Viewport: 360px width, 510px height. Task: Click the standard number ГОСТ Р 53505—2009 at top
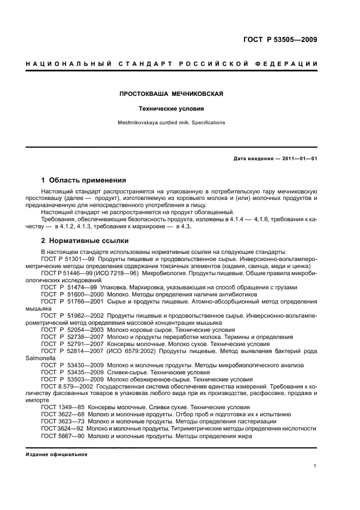[280, 40]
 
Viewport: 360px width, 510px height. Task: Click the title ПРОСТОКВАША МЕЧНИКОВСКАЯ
[172, 94]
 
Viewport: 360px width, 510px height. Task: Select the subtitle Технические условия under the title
[172, 108]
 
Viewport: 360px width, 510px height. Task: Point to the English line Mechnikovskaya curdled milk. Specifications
[172, 123]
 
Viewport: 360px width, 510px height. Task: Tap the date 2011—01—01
[298, 159]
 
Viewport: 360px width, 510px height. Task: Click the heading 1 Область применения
[84, 180]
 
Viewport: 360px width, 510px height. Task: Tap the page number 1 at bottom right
[315, 466]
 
